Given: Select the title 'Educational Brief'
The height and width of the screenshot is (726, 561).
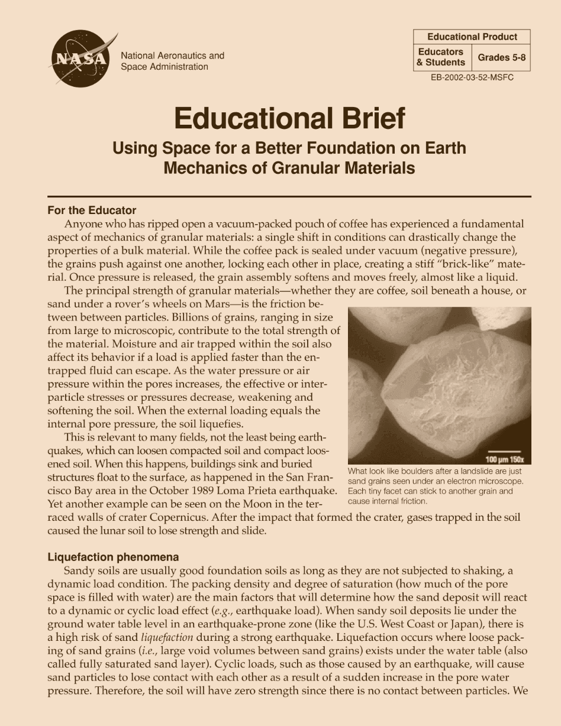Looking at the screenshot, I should click(x=289, y=118).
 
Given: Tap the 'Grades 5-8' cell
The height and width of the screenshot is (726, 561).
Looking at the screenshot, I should click(x=501, y=57).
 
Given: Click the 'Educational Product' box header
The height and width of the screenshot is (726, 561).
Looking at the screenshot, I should click(x=472, y=37).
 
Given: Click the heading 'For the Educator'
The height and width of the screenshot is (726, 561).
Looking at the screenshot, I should click(x=92, y=210).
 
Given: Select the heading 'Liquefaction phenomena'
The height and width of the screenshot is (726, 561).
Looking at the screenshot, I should click(x=112, y=558).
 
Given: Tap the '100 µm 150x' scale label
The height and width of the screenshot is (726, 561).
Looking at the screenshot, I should click(x=508, y=459).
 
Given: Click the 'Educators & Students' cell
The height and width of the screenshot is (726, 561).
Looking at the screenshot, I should click(x=441, y=57).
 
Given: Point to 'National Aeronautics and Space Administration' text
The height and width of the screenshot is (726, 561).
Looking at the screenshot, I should click(x=172, y=61).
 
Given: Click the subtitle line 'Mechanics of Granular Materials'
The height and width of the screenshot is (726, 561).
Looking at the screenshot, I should click(x=289, y=168).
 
